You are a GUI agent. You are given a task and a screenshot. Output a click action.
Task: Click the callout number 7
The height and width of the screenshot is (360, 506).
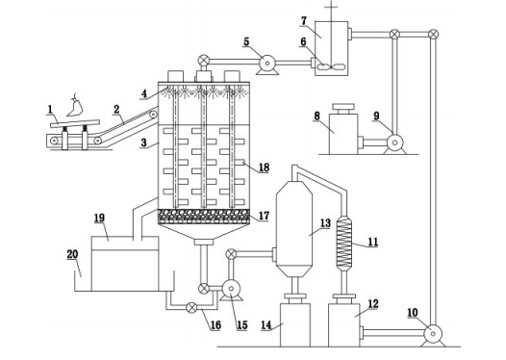tap(304, 20)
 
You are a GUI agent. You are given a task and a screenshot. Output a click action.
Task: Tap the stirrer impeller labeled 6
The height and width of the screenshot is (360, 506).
tap(332, 66)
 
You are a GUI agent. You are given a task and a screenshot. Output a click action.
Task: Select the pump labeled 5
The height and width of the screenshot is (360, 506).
tap(267, 64)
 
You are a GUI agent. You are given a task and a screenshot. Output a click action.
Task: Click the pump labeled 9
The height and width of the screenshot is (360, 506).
tap(394, 143)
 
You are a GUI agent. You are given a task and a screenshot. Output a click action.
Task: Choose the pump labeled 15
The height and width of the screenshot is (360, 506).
tap(231, 290)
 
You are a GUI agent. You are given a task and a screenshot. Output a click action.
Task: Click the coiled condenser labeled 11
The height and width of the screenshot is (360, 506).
tap(344, 243)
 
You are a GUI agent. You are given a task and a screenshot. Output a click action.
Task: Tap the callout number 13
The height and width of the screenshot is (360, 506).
tap(325, 222)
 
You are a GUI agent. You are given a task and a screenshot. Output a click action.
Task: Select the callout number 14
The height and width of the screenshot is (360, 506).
tap(266, 324)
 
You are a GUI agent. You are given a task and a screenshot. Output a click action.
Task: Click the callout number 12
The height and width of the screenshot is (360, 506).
tap(372, 303)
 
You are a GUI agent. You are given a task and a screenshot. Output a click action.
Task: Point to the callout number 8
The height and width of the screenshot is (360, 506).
tap(316, 116)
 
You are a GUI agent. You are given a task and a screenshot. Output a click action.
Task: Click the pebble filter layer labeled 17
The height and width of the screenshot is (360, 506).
tap(203, 217)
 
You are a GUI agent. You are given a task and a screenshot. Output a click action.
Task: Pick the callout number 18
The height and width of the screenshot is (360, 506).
tap(264, 167)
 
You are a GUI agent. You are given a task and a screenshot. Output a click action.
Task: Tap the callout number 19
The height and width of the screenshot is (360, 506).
tap(99, 218)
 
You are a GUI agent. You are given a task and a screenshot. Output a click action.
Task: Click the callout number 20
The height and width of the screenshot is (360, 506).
tap(72, 254)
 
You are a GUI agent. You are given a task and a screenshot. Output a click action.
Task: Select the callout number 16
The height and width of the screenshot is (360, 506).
tap(215, 324)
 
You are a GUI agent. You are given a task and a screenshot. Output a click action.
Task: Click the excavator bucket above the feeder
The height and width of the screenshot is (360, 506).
tap(75, 107)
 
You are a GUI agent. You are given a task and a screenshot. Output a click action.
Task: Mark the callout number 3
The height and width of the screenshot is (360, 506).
tap(144, 142)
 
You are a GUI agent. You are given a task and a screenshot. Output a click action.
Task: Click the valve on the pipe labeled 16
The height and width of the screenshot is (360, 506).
tap(191, 307)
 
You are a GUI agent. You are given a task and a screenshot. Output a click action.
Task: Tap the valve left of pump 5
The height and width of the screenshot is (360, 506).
tap(203, 60)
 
